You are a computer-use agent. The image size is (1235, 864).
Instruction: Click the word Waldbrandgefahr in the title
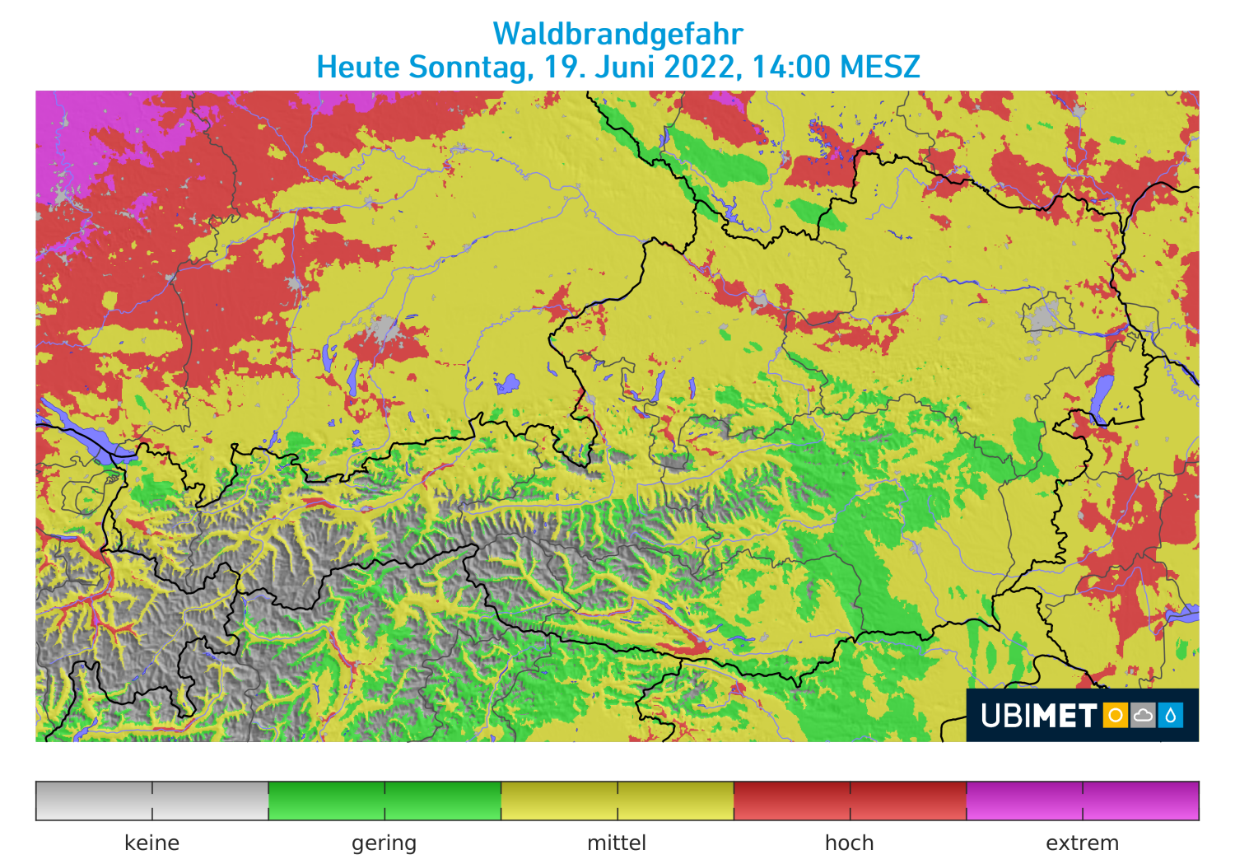[x=617, y=34]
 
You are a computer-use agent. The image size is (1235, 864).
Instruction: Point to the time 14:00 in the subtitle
[x=790, y=67]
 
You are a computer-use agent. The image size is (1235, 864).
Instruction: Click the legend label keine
[x=151, y=843]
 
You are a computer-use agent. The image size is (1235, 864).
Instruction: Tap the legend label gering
[x=384, y=843]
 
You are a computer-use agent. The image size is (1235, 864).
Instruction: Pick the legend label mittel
[x=617, y=843]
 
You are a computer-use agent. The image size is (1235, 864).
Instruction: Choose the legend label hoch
[x=849, y=843]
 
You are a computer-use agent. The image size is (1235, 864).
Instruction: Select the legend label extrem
[x=1082, y=843]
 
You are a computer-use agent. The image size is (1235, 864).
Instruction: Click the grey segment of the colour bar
[x=152, y=801]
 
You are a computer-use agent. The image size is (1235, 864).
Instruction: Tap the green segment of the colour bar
[x=384, y=801]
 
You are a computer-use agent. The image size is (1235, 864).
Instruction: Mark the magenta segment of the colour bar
[x=1083, y=801]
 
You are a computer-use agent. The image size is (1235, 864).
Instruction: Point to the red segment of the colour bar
[x=850, y=801]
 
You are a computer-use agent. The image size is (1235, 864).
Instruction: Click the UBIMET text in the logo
[x=1039, y=716]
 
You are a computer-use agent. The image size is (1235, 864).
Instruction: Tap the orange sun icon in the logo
[x=1116, y=715]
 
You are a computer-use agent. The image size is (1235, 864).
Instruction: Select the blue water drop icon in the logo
[x=1171, y=715]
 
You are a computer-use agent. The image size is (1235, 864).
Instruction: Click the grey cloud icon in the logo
[x=1143, y=715]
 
